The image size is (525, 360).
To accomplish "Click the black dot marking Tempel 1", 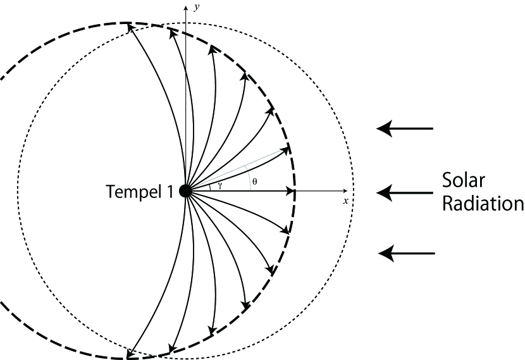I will (185, 191).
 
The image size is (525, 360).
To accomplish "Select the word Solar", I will (463, 182).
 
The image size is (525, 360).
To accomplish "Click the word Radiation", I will (483, 204).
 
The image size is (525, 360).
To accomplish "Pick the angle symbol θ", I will (254, 181).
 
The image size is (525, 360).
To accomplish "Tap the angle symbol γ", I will (219, 185).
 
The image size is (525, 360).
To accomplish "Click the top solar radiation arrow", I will (405, 129).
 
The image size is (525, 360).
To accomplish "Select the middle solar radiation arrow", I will (405, 191).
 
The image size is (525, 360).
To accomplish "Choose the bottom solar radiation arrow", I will (406, 254).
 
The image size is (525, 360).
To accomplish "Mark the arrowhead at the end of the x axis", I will (345, 191).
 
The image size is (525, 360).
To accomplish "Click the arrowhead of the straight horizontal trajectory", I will (292, 191).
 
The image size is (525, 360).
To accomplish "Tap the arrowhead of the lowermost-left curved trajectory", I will (130, 353).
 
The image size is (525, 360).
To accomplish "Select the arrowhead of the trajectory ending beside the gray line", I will (285, 151).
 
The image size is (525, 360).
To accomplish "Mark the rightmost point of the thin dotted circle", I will (354, 191).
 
